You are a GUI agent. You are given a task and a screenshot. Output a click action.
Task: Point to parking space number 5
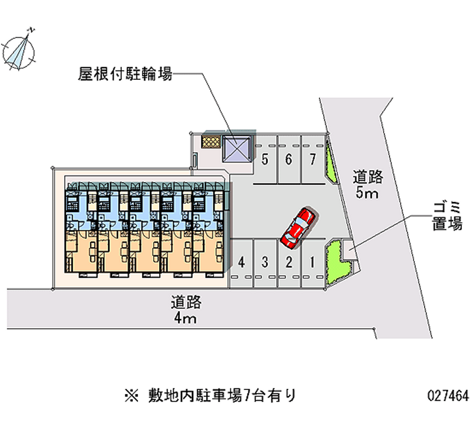pyautogui.click(x=266, y=159)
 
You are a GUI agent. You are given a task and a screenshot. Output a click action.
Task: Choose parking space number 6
pyautogui.click(x=288, y=159)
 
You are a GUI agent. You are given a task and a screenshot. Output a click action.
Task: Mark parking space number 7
pyautogui.click(x=312, y=159)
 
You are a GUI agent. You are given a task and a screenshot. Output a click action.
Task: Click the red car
pyautogui.click(x=298, y=227)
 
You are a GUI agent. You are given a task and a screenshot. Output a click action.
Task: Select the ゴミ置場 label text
pyautogui.click(x=448, y=215)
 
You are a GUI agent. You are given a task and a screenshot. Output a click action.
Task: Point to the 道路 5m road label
pyautogui.click(x=368, y=183)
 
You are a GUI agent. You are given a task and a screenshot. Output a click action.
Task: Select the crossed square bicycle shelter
pyautogui.click(x=237, y=148)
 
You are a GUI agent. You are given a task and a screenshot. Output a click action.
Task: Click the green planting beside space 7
pyautogui.click(x=331, y=162)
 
